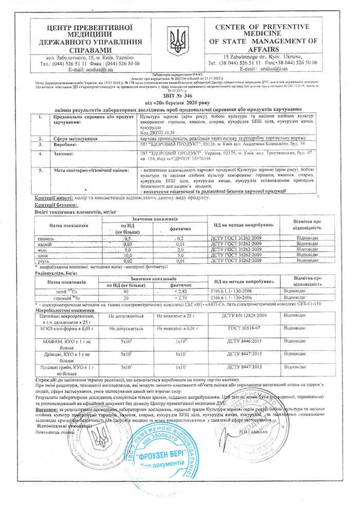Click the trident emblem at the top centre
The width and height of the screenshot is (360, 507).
point(179,39)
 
